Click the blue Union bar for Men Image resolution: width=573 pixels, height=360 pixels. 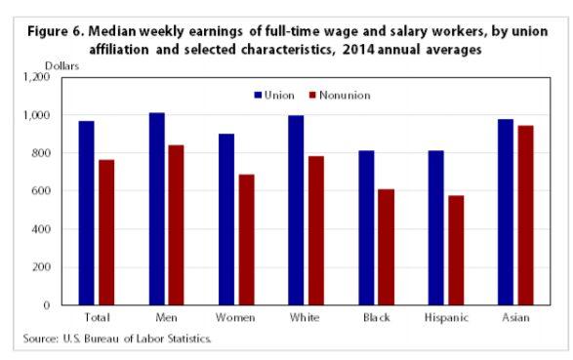[157, 209]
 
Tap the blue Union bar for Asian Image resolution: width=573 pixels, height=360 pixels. [505, 212]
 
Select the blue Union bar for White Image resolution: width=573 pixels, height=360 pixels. [296, 210]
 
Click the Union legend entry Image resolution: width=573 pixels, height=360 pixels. [277, 95]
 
